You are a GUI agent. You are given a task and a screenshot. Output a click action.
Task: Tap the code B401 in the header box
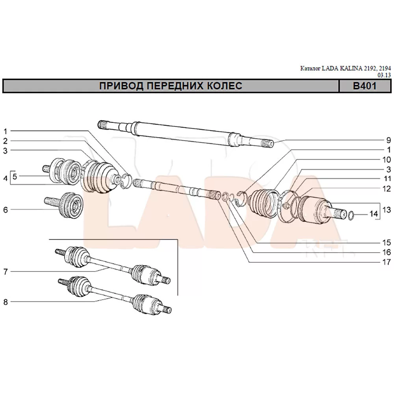point(364,86)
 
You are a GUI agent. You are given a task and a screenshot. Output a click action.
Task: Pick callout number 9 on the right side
point(388,140)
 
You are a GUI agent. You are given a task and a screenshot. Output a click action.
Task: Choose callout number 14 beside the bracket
point(373,214)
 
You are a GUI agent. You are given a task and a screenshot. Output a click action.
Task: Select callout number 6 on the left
point(6,210)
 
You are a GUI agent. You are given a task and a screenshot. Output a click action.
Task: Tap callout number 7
point(6,272)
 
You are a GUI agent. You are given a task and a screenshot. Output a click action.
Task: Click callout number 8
point(6,302)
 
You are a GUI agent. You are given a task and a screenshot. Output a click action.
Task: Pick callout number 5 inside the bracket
point(15,177)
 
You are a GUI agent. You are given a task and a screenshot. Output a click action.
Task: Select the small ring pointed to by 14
point(352,215)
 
